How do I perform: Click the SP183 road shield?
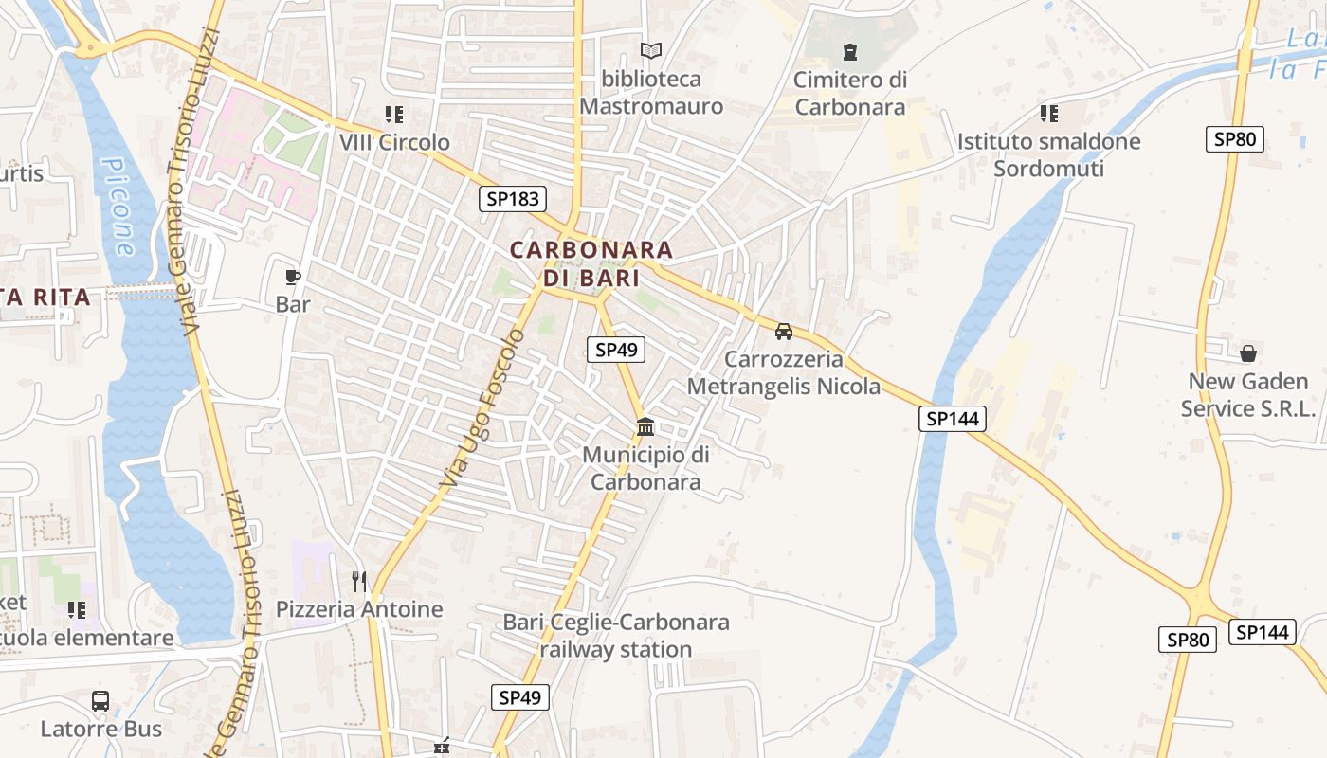513,199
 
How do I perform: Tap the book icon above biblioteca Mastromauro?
650,50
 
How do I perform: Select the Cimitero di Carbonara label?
850,93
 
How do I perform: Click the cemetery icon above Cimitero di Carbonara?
850,51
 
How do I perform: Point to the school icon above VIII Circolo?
394,115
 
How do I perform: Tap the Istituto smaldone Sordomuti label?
1048,155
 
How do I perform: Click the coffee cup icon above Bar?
293,277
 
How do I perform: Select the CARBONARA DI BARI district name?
591,264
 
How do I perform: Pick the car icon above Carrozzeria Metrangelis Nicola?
784,332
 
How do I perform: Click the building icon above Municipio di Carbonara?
645,426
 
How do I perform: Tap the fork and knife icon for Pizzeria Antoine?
359,581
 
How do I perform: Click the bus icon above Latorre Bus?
100,701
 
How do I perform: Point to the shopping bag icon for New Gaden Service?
1248,353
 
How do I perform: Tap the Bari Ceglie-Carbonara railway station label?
616,636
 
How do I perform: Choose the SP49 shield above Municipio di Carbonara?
615,350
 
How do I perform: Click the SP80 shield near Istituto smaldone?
1235,139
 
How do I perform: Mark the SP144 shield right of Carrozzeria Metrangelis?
953,418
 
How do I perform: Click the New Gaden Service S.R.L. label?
1252,395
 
